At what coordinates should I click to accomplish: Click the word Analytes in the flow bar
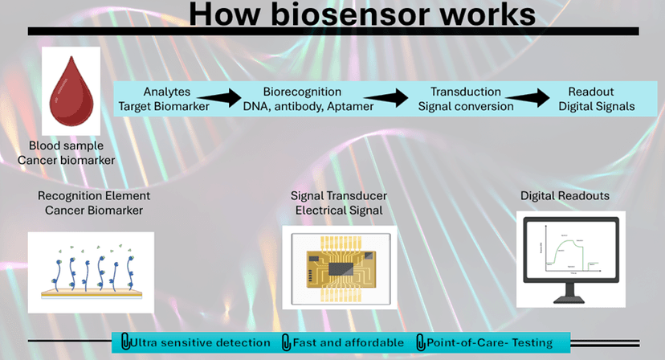click(x=166, y=92)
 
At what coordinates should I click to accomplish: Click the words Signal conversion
click(x=465, y=106)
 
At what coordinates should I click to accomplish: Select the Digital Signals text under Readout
click(x=596, y=106)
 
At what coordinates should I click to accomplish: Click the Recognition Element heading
click(x=94, y=195)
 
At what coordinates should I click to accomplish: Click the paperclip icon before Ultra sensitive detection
click(x=124, y=343)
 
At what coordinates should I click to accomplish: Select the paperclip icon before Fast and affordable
click(x=287, y=343)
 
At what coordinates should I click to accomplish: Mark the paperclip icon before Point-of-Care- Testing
click(x=421, y=343)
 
